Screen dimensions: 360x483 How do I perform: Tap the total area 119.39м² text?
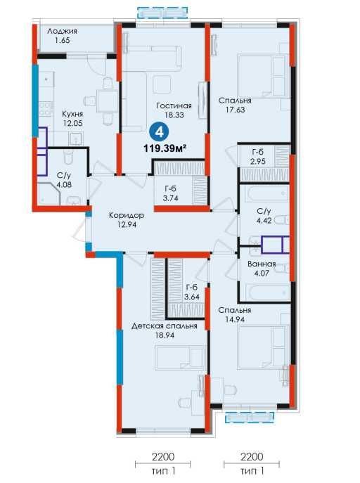click(165, 149)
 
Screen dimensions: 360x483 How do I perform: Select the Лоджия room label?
click(62, 31)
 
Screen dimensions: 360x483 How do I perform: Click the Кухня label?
click(72, 114)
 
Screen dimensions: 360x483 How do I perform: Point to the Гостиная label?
click(174, 106)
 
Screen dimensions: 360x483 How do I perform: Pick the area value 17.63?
click(235, 110)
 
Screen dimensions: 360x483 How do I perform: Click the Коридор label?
click(127, 215)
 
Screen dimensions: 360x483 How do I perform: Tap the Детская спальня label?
click(164, 326)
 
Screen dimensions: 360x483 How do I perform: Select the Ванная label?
click(262, 264)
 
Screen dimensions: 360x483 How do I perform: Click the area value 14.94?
click(234, 319)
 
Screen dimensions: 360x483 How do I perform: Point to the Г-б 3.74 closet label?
click(171, 194)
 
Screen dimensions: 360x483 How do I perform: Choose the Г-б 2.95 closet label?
click(258, 157)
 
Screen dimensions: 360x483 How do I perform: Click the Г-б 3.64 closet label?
click(191, 292)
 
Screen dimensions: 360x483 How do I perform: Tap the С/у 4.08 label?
click(64, 180)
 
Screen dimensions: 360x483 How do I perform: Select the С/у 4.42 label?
click(264, 216)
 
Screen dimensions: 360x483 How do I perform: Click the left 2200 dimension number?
click(163, 456)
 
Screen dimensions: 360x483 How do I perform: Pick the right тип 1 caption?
click(252, 471)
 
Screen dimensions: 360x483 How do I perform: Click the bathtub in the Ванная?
click(265, 292)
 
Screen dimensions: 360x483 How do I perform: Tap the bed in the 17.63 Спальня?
click(262, 75)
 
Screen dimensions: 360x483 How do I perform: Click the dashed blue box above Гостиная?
click(162, 13)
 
